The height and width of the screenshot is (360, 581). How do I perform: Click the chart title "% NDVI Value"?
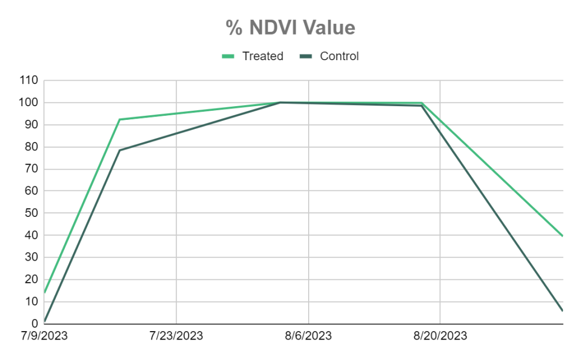click(x=290, y=27)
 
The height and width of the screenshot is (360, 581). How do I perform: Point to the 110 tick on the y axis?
click(x=28, y=81)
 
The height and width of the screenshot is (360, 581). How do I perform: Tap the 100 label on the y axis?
click(x=28, y=103)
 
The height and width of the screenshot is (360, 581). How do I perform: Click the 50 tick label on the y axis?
click(x=31, y=214)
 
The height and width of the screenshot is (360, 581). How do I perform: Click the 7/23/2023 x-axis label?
click(x=176, y=336)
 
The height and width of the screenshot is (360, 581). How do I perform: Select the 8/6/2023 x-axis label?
click(x=309, y=336)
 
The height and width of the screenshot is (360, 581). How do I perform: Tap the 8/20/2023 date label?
click(x=440, y=336)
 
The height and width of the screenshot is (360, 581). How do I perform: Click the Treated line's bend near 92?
click(x=120, y=119)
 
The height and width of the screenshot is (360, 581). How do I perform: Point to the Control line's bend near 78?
click(x=120, y=150)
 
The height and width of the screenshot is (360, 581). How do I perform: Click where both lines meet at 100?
click(x=280, y=103)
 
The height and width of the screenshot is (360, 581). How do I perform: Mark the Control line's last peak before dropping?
click(x=422, y=106)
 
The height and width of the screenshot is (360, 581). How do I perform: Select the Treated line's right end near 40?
click(x=562, y=236)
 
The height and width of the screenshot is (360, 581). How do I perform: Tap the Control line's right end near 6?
click(x=562, y=311)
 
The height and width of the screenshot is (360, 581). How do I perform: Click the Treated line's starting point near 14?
click(x=44, y=292)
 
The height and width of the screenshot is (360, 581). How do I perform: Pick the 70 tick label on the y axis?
click(x=31, y=169)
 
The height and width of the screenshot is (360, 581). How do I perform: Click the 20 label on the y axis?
click(x=31, y=280)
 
